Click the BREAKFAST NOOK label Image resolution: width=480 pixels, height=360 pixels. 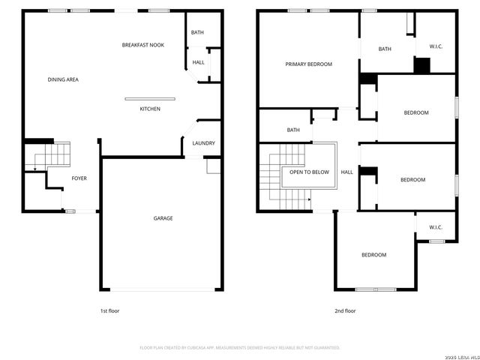tap(142, 45)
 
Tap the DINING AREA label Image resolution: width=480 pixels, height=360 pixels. tap(63, 79)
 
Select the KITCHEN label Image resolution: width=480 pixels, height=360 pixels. tap(150, 109)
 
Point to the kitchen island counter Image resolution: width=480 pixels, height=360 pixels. tap(150, 98)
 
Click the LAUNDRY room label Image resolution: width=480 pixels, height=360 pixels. tap(204, 143)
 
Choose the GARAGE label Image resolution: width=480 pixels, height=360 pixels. tap(163, 218)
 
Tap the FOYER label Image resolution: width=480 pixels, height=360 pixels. tap(79, 178)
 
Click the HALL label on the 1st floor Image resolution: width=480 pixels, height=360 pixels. tap(198, 62)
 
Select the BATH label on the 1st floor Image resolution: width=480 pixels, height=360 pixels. tap(197, 33)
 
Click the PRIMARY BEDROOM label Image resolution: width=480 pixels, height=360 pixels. tap(308, 64)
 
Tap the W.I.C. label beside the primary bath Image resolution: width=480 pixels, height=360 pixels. tap(436, 46)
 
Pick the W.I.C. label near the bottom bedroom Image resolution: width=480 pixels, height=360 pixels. tap(436, 226)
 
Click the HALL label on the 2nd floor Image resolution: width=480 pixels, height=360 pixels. tap(346, 172)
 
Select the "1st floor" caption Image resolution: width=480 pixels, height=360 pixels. tap(109, 310)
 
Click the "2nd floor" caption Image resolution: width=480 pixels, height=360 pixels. tap(345, 310)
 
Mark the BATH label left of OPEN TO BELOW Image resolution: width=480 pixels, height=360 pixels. tap(293, 130)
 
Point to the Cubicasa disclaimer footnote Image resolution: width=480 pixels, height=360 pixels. tap(240, 347)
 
